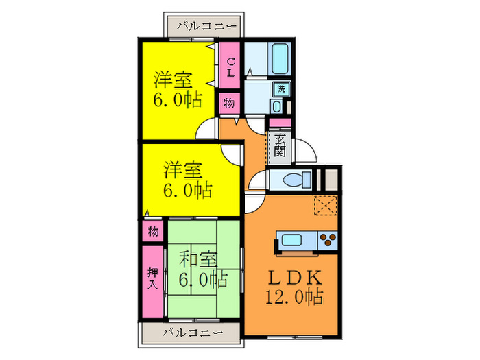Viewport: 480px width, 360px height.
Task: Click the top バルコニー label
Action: point(206,27)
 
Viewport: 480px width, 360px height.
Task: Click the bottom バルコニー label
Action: point(193,333)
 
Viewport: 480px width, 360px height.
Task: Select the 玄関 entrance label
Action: point(280,145)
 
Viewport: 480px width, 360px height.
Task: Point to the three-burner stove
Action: point(328,240)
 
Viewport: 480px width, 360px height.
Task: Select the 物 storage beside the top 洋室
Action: point(228,105)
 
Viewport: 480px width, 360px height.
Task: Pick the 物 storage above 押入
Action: point(153,231)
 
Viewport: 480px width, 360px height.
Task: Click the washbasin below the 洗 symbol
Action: point(276,106)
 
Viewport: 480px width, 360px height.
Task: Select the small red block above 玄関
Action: point(280,123)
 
